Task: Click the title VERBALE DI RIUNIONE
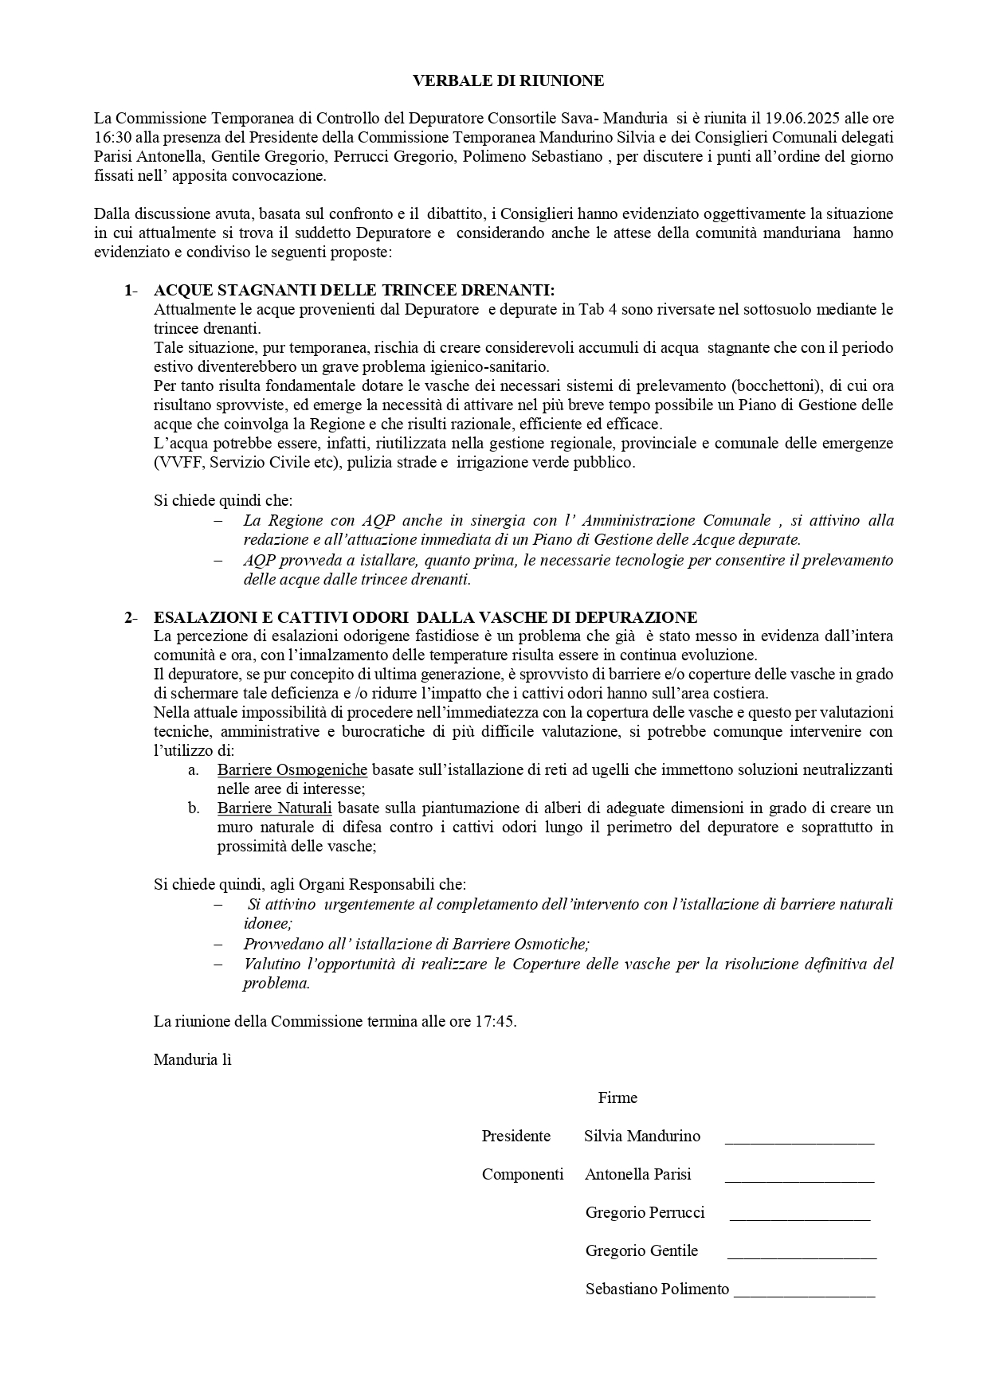(508, 80)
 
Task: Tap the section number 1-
(131, 290)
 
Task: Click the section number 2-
(131, 617)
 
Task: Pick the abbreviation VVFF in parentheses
(176, 463)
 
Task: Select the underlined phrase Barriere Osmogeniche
(292, 770)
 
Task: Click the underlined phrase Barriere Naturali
(274, 808)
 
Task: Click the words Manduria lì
(192, 1059)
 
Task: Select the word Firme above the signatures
(617, 1098)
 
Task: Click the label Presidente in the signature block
(516, 1137)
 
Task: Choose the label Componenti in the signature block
(523, 1175)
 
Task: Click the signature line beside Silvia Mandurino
(799, 1142)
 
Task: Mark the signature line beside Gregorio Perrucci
(799, 1219)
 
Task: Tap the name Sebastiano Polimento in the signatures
(657, 1289)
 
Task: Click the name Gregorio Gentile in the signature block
(641, 1251)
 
